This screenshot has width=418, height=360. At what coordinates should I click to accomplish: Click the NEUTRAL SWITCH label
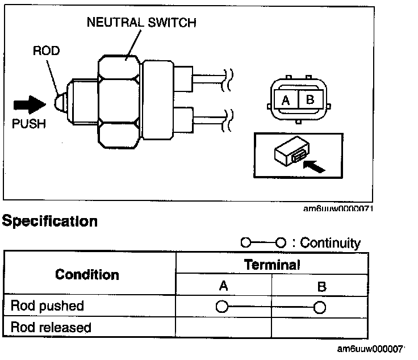coord(141,23)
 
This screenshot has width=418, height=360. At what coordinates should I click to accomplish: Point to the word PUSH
coord(29,124)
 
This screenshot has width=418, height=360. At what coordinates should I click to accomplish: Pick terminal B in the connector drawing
coord(310,101)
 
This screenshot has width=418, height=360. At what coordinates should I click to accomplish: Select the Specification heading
coord(49,221)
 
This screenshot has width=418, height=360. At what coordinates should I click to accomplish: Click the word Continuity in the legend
coord(330,243)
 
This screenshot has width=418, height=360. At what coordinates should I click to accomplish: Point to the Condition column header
coord(87,275)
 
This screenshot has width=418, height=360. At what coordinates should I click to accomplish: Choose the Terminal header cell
coord(271,264)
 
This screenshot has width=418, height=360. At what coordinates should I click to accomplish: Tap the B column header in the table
coord(321,287)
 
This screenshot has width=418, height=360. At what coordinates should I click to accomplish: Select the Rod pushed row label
coord(47,306)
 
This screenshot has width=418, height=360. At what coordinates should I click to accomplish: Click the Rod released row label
coord(51,328)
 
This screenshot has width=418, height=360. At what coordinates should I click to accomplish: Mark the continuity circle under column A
coord(221,308)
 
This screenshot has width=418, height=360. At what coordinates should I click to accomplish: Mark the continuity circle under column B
coord(320,308)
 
